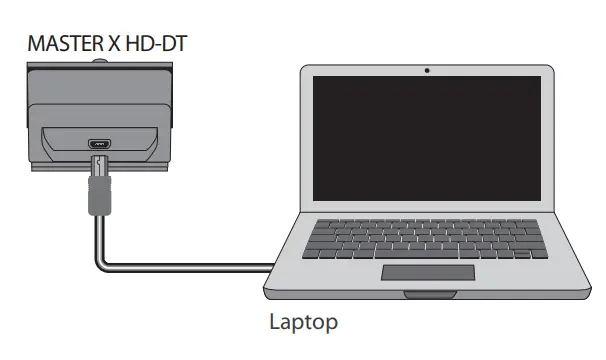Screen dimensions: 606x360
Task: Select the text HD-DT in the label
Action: coord(152,44)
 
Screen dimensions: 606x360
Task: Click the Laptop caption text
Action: coord(303,322)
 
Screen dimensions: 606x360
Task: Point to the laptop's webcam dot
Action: coord(427,70)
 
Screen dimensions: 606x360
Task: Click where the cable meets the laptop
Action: coord(273,266)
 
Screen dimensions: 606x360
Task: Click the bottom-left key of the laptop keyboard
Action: coord(311,255)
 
